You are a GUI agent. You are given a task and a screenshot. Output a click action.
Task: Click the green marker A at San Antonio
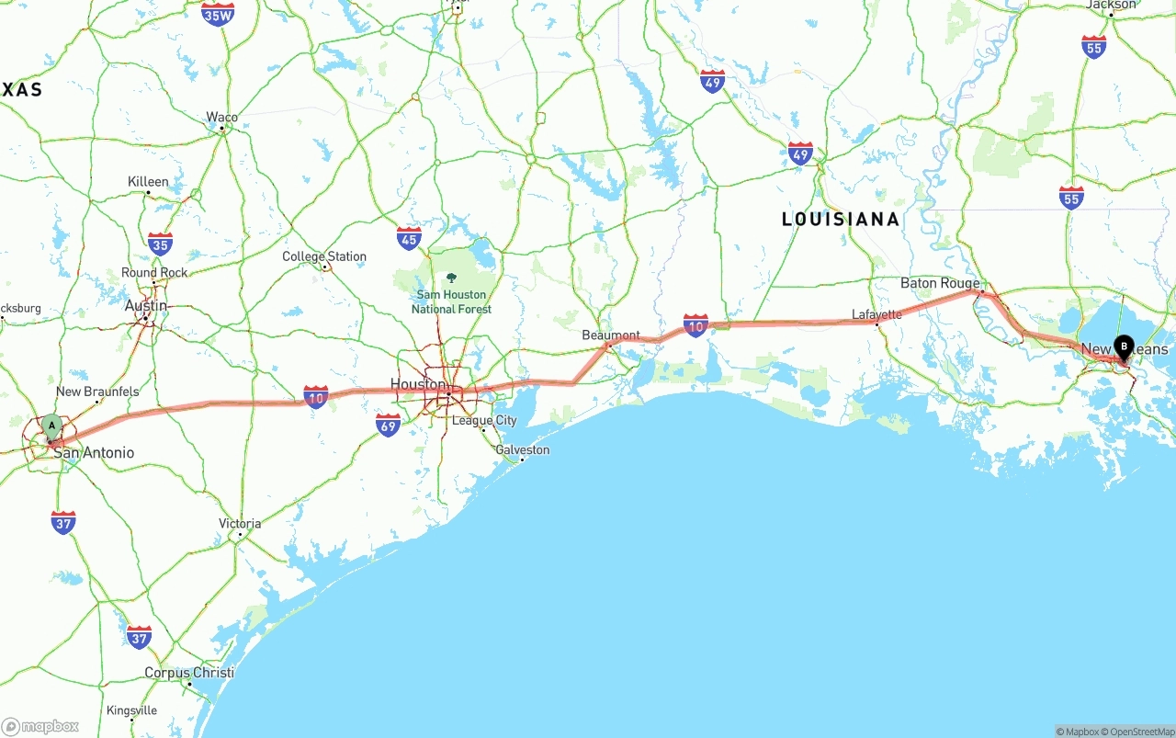pyautogui.click(x=52, y=426)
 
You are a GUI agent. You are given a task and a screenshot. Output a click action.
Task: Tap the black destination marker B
pyautogui.click(x=1123, y=346)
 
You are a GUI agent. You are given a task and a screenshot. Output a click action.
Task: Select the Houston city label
pyautogui.click(x=418, y=384)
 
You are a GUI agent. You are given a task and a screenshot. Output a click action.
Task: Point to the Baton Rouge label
pyautogui.click(x=940, y=283)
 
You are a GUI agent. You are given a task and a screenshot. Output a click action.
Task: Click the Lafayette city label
pyautogui.click(x=876, y=314)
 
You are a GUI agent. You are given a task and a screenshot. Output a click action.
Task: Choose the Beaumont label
pyautogui.click(x=611, y=335)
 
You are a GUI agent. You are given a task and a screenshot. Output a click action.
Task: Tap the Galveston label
pyautogui.click(x=522, y=449)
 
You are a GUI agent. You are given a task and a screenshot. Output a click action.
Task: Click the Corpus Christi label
pyautogui.click(x=188, y=673)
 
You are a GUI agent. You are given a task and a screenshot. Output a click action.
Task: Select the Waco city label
pyautogui.click(x=221, y=117)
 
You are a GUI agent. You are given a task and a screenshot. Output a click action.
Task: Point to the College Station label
pyautogui.click(x=323, y=256)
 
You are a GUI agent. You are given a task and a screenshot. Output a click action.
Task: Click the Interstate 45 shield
pyautogui.click(x=409, y=239)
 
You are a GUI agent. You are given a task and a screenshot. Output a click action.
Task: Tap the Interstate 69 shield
pyautogui.click(x=388, y=425)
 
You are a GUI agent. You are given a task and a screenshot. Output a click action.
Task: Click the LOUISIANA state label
pyautogui.click(x=840, y=220)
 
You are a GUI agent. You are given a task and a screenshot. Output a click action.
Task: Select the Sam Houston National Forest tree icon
pyautogui.click(x=451, y=278)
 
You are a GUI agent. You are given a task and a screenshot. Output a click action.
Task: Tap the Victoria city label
pyautogui.click(x=240, y=524)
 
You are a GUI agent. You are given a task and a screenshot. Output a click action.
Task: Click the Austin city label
pyautogui.click(x=146, y=306)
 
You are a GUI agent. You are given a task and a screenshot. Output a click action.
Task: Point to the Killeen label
pyautogui.click(x=148, y=182)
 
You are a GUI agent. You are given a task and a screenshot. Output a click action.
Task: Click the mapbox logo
pyautogui.click(x=40, y=726)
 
